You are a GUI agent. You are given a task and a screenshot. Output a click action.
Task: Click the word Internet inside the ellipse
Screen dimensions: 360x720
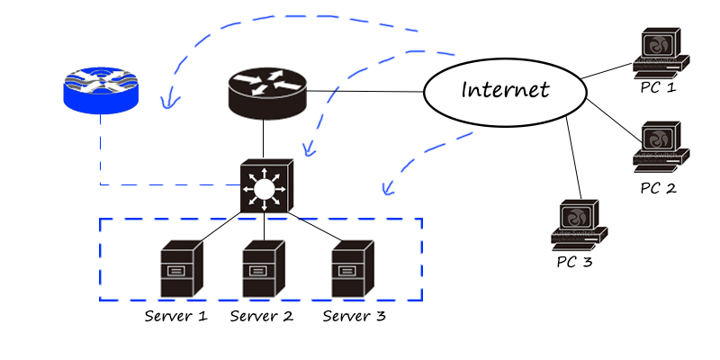pos(504,90)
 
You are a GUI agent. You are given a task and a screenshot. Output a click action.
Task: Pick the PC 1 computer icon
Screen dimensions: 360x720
pos(661,53)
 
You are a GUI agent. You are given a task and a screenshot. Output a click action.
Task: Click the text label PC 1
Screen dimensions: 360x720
pos(657,88)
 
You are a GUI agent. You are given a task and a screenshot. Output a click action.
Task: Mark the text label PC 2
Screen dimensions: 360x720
pos(657,188)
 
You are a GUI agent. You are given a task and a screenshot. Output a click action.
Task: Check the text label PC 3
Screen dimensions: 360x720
pos(574,263)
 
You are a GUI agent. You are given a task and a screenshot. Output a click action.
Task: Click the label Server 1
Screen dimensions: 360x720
pos(176,316)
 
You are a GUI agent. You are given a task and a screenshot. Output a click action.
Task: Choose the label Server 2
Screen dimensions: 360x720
pos(262,316)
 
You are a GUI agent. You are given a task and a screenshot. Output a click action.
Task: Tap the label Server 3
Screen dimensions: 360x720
pos(355,316)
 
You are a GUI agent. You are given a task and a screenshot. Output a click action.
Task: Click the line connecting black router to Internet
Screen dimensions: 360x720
pos(364,92)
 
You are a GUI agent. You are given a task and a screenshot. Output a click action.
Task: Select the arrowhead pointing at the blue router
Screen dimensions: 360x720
pos(165,103)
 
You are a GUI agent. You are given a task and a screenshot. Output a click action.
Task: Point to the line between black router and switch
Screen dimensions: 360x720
pos(264,139)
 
